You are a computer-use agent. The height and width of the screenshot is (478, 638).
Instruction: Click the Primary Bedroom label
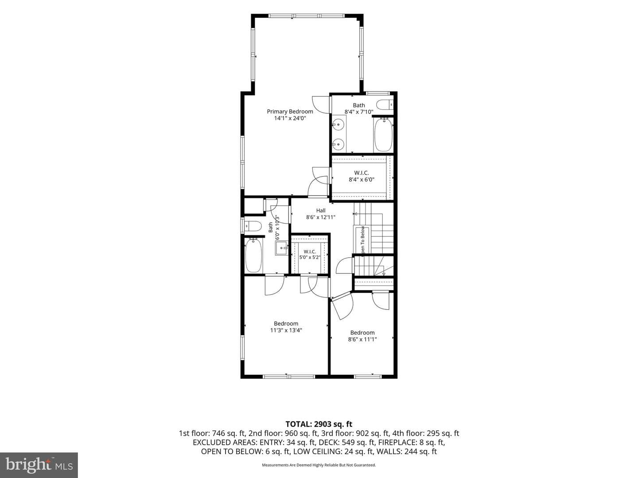pos(290,112)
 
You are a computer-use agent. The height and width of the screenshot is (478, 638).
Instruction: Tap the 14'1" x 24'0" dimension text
pos(290,118)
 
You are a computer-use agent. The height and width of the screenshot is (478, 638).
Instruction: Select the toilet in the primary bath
pos(385,104)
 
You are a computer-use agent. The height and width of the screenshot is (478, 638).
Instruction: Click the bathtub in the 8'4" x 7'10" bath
pos(383,135)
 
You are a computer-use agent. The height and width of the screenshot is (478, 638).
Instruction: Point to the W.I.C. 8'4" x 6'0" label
pos(362,176)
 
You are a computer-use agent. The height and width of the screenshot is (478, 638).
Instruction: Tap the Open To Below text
pos(362,240)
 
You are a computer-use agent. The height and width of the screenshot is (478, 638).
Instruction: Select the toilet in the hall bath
pos(252,226)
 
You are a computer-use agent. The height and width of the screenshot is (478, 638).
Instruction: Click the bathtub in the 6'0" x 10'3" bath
pos(253,255)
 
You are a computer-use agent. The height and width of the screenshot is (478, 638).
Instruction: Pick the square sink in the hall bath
pos(281,248)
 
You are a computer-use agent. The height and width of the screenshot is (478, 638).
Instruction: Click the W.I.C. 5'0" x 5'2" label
pos(310,254)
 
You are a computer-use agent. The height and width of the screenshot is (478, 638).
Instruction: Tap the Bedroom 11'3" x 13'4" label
pos(286,327)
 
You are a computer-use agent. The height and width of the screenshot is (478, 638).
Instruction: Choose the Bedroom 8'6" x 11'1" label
pos(362,336)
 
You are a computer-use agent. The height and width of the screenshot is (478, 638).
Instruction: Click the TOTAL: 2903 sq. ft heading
pos(319,424)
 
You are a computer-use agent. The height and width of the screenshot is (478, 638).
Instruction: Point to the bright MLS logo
pos(39,465)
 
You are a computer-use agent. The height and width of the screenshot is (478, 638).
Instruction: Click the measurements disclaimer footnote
pos(319,465)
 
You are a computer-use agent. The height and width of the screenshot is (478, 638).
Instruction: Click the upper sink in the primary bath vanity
pos(338,125)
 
